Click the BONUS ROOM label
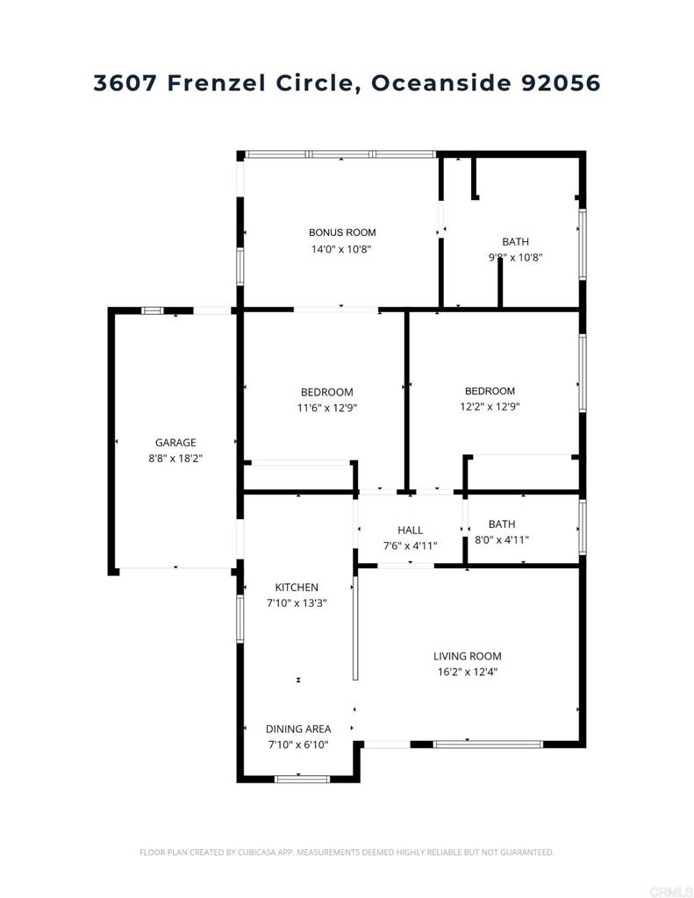coord(342,232)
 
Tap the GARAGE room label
coord(175,443)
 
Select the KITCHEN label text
coord(297,588)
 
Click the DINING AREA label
coord(298,729)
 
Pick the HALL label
coord(410,530)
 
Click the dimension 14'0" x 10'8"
coord(342,249)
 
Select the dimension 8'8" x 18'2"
coord(175,459)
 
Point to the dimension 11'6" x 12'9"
coord(326,408)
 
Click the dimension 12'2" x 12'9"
coord(490,407)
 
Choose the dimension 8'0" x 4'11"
coord(502,540)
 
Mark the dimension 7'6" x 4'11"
coord(410,545)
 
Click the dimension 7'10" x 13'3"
coord(297,603)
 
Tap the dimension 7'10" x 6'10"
coord(298,745)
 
